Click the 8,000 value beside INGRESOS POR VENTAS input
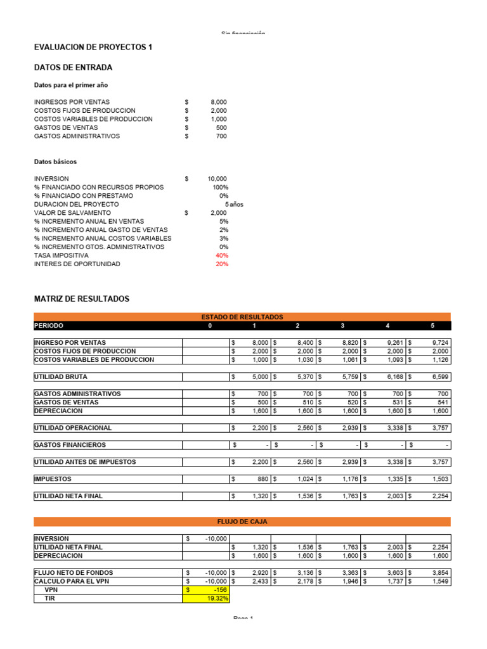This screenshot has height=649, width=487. click(218, 102)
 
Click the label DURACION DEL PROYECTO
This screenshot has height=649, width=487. click(76, 205)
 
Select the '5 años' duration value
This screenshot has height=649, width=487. click(233, 205)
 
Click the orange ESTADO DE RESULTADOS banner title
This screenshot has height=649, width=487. click(242, 317)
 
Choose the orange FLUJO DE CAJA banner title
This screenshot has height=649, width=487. click(242, 522)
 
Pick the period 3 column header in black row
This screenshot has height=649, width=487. click(342, 326)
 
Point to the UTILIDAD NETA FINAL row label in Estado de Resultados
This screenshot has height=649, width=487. click(68, 496)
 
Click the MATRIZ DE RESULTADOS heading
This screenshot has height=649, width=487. click(81, 299)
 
